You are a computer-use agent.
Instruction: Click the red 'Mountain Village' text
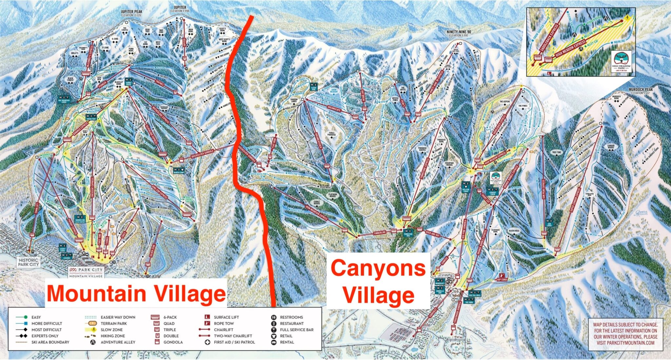pos(136,293)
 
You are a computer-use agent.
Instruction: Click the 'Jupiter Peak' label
pos(131,12)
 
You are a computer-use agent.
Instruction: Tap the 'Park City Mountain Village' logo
pos(86,272)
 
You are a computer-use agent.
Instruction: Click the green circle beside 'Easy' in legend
pos(26,317)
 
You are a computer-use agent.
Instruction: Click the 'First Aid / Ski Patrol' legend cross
pos(207,342)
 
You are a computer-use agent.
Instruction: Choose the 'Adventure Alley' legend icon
pos(93,342)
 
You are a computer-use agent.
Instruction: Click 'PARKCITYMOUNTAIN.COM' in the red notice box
pos(625,343)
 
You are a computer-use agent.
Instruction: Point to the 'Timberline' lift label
pos(380,233)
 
